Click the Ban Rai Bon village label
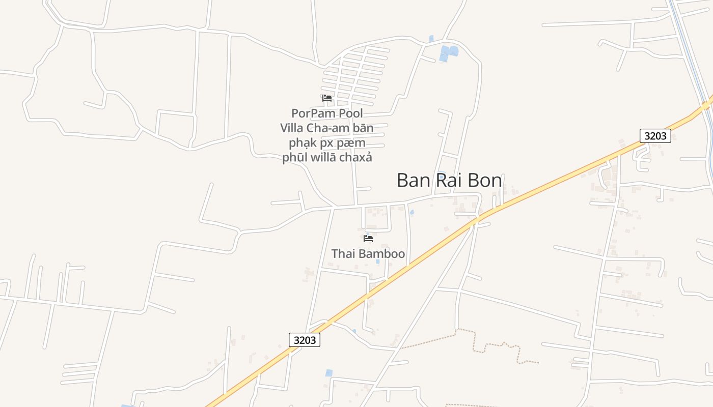click(449, 181)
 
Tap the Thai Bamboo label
click(368, 253)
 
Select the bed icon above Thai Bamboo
click(368, 238)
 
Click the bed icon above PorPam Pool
click(327, 98)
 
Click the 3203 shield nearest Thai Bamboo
click(305, 340)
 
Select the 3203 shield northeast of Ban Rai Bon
click(655, 136)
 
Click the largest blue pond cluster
click(448, 52)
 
